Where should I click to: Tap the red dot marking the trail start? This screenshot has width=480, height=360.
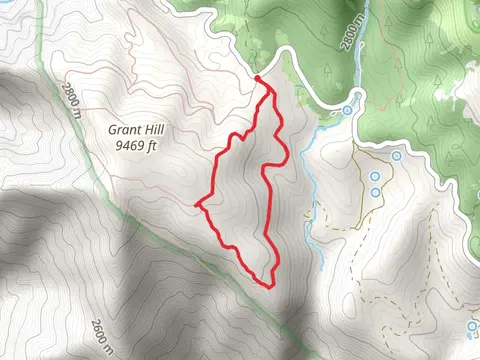(258, 79)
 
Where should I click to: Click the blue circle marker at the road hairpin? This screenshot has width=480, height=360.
(347, 109)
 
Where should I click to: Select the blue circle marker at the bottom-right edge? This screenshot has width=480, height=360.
(471, 326)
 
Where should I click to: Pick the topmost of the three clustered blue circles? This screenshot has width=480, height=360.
(397, 157)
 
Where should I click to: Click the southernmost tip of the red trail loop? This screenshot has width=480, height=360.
(270, 285)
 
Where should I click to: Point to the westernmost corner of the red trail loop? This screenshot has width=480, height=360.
(198, 204)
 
